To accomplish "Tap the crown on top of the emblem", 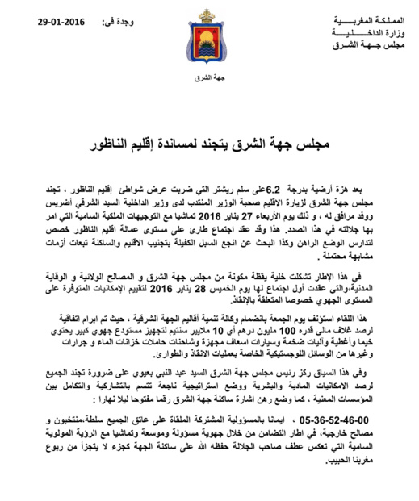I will pos(210,15).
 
